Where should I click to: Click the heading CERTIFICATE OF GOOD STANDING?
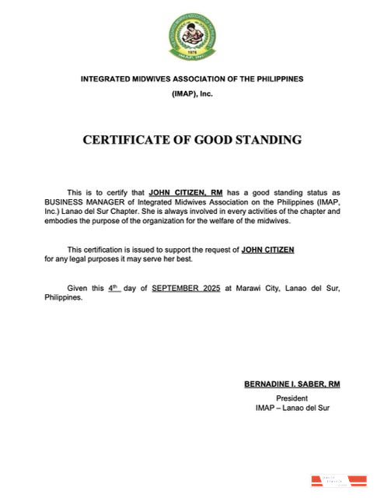(x=192, y=141)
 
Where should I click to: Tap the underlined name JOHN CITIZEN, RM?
(x=184, y=191)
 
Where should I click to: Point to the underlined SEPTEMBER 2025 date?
(x=187, y=288)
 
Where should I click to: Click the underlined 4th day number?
(x=114, y=287)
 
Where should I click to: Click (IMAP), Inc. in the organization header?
(x=192, y=93)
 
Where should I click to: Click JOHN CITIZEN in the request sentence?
(x=268, y=249)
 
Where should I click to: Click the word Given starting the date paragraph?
(x=77, y=288)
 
